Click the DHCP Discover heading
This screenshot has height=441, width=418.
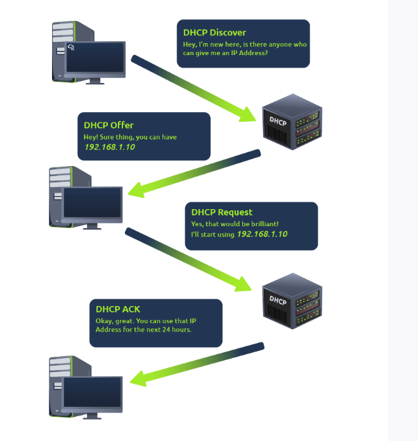(x=214, y=32)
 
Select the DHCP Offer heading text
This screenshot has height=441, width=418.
(x=108, y=125)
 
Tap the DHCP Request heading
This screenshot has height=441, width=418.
(x=221, y=212)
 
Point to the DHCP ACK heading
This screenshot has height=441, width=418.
(x=118, y=309)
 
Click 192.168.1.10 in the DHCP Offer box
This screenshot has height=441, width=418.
(x=110, y=147)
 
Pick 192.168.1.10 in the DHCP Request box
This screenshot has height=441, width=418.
(x=262, y=234)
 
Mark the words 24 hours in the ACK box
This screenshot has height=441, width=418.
(x=176, y=329)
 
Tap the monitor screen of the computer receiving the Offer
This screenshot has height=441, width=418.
(x=92, y=203)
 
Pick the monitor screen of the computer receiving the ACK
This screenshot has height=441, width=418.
(x=92, y=394)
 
